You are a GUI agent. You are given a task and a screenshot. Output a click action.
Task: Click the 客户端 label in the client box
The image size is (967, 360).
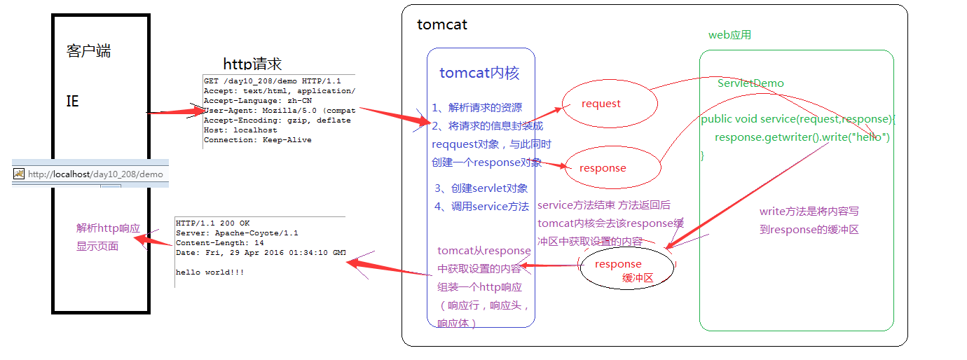(88, 51)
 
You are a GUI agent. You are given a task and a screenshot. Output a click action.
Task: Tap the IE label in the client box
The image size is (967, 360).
(73, 102)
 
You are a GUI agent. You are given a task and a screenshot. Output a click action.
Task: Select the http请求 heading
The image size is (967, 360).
(252, 64)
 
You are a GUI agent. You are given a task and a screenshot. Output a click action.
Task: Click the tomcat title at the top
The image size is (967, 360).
(441, 25)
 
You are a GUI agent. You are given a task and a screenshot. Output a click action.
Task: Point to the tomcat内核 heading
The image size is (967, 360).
(479, 73)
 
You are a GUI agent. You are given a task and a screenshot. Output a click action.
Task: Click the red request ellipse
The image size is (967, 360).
(610, 104)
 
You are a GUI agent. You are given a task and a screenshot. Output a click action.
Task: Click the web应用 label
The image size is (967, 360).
(729, 35)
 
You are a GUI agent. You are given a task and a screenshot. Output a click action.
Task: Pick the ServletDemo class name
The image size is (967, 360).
(750, 83)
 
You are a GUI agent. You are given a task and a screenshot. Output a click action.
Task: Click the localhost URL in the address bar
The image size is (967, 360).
(95, 174)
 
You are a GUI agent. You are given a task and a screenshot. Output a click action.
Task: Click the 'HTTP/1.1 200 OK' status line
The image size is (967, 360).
(212, 223)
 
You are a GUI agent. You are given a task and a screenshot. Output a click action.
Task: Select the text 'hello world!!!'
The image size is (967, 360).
(210, 272)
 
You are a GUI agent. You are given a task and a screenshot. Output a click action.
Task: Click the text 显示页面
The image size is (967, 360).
(97, 246)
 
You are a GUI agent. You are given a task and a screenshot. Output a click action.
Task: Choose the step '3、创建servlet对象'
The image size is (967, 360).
(481, 188)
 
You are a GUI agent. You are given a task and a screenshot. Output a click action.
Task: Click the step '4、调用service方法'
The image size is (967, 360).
(481, 207)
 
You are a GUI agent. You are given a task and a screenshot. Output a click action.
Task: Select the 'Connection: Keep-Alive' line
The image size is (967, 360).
(257, 140)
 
